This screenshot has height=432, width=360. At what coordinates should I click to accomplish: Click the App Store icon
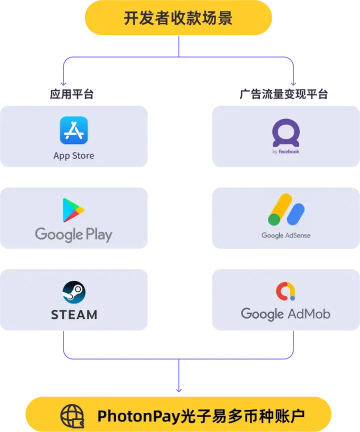pos(74,130)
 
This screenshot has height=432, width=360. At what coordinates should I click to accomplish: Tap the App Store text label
pos(73,155)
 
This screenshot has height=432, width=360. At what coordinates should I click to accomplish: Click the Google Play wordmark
pos(73,234)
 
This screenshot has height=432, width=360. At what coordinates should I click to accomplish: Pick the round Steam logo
pos(74,292)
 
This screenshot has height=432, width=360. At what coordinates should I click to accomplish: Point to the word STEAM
pos(74,314)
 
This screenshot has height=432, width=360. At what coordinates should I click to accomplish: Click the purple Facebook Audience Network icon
pos(286,132)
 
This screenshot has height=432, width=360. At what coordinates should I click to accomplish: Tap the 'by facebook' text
pos(286,151)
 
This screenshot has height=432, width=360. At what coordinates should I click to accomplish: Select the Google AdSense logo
pos(286,210)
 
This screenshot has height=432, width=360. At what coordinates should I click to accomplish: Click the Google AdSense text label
pos(286,235)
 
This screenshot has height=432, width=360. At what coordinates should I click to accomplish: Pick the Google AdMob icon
pos(285,291)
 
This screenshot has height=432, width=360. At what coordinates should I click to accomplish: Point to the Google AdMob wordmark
pos(285,314)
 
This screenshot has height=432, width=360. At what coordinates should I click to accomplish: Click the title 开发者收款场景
pos(178,18)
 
